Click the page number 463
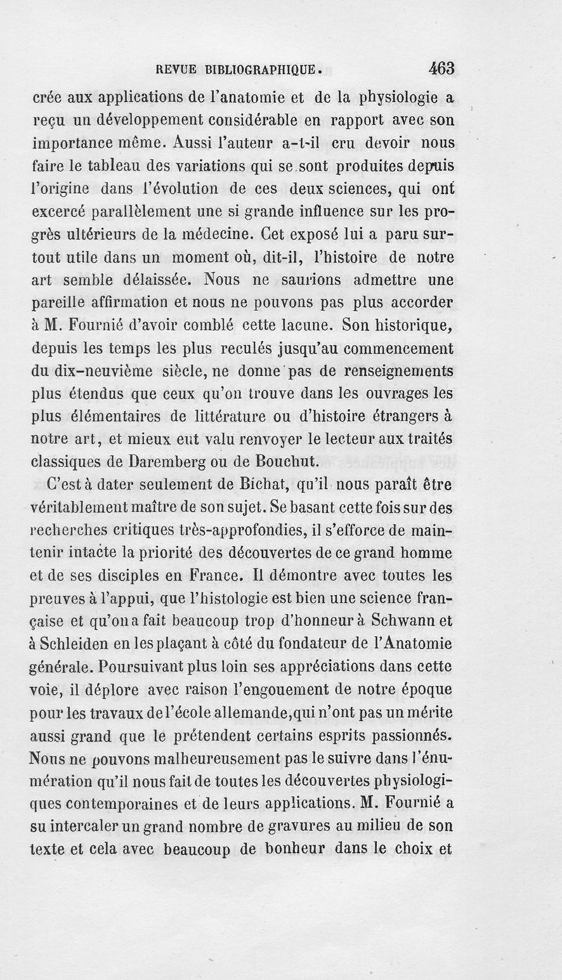[440, 69]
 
